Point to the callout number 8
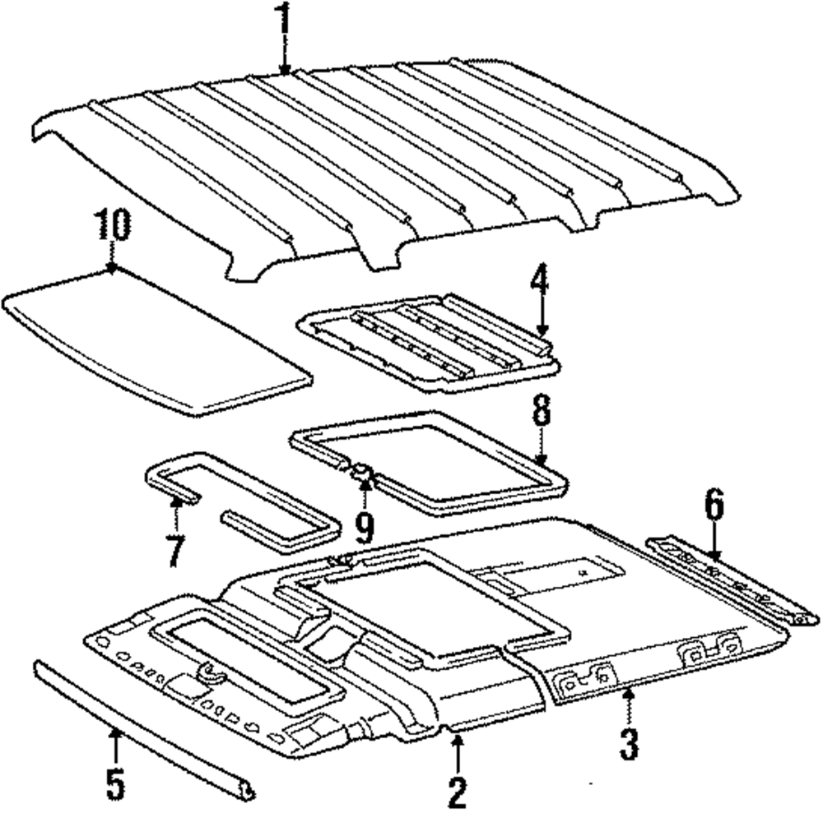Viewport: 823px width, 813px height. pyautogui.click(x=540, y=413)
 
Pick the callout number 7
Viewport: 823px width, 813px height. pyautogui.click(x=173, y=550)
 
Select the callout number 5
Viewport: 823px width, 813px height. pyautogui.click(x=115, y=783)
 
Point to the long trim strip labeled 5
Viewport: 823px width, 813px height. pyautogui.click(x=140, y=723)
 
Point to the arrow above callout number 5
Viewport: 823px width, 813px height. pyautogui.click(x=115, y=744)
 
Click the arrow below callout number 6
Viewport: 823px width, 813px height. pyautogui.click(x=714, y=546)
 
